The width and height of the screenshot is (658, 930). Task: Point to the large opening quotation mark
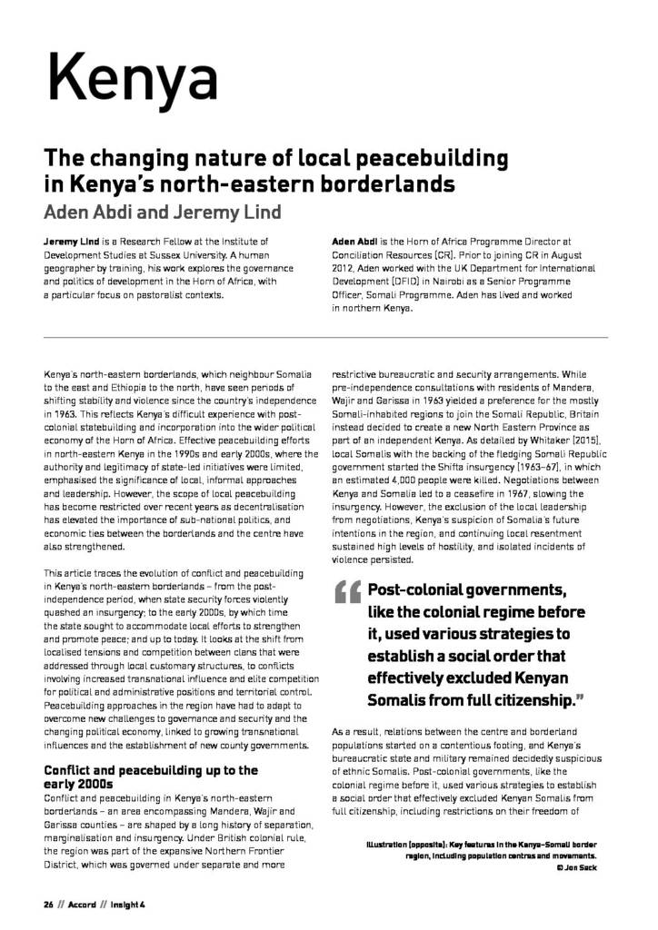click(x=347, y=594)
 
